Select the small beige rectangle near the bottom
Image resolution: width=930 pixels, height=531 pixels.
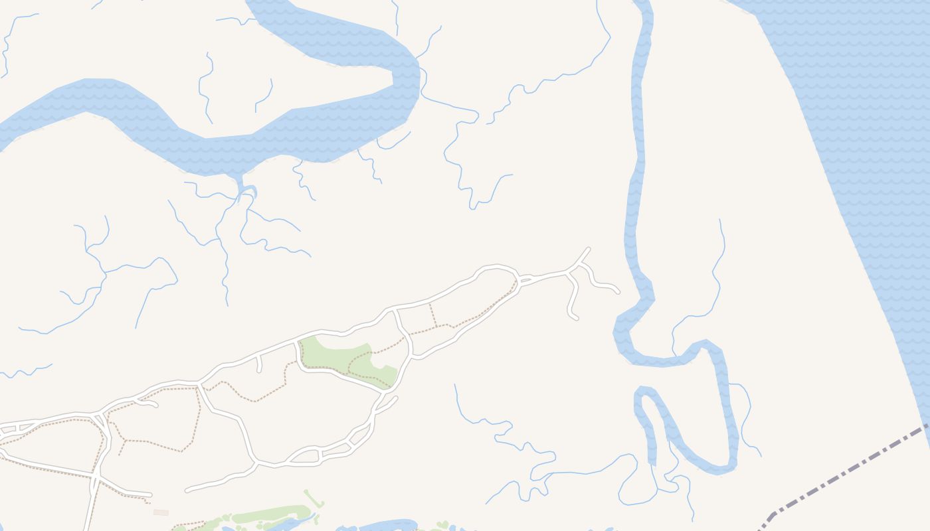[x=161, y=512]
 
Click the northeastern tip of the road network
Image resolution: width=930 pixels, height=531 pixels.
[x=589, y=249]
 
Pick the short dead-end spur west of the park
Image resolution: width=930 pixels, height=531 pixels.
[x=259, y=368]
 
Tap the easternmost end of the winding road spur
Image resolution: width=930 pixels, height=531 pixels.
[x=618, y=291]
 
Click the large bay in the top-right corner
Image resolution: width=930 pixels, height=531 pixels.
[x=864, y=100]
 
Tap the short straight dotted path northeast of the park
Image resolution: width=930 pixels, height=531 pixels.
[x=433, y=315]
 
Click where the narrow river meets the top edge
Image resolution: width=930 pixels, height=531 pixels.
[x=643, y=3]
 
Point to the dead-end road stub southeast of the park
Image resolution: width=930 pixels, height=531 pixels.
[x=396, y=398]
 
